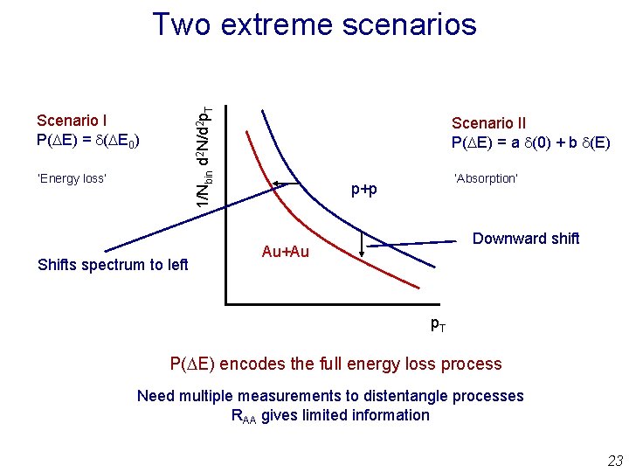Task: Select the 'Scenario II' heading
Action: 488,123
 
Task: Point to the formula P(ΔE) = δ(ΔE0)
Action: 88,140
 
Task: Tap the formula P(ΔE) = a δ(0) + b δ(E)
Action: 530,142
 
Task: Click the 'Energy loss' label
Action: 72,178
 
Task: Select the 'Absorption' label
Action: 486,178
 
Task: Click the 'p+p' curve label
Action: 364,190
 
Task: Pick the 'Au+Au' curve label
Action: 285,253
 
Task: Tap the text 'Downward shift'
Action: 526,239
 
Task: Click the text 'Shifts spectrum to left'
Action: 113,265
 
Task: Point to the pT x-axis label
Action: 439,324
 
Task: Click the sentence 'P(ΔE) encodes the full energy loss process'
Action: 335,364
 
